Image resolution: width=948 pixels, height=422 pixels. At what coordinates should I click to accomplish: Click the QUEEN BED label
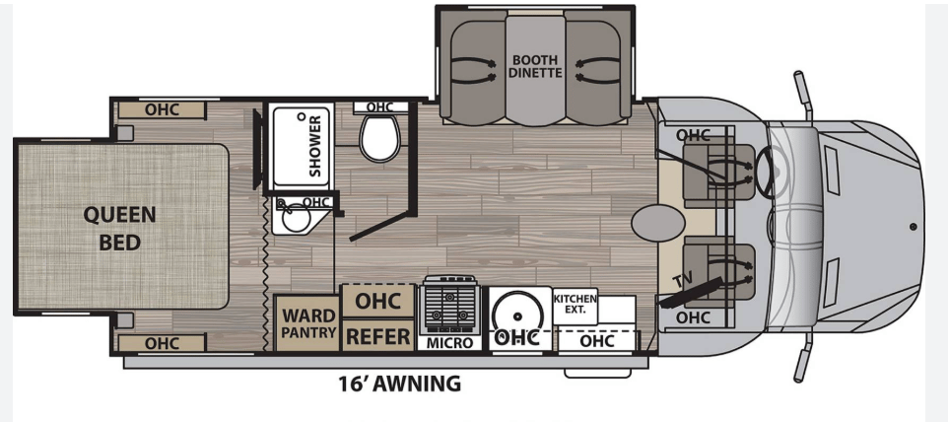click(x=119, y=227)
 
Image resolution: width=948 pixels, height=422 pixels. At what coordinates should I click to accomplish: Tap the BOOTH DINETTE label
click(x=535, y=65)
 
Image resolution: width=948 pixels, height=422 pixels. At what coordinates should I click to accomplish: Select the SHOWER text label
click(x=315, y=146)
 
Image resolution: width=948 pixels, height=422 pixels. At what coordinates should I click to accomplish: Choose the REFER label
click(x=377, y=336)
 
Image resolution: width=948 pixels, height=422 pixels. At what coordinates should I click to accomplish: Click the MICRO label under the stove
click(x=450, y=343)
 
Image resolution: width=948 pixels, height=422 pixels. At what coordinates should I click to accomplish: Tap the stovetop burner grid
click(x=450, y=306)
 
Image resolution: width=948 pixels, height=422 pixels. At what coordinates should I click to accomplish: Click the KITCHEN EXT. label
click(x=576, y=304)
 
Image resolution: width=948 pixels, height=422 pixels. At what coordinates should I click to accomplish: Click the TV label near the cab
click(x=681, y=284)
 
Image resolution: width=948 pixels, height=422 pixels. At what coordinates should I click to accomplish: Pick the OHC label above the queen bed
click(x=162, y=109)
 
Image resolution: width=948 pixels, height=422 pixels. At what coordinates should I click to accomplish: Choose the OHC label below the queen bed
click(x=162, y=343)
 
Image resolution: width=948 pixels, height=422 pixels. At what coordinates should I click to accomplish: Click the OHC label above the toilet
click(x=379, y=106)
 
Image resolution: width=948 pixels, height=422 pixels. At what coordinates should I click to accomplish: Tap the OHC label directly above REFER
click(x=376, y=300)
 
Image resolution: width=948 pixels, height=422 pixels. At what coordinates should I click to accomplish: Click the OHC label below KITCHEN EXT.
click(x=597, y=340)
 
